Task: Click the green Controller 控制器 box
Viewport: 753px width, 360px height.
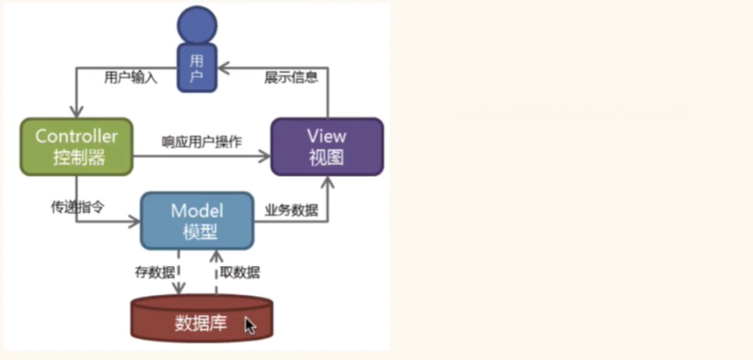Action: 76,147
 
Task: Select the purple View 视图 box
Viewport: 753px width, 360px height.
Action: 327,147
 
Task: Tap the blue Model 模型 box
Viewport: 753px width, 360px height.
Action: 197,222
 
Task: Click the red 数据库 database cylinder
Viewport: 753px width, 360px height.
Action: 202,321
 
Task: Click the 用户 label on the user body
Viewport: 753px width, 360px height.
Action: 197,69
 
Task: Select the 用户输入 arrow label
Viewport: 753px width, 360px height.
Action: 130,78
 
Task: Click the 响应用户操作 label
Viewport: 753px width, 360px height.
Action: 202,142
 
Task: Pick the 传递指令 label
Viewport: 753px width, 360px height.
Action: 77,208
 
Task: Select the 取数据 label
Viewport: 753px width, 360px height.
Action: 240,272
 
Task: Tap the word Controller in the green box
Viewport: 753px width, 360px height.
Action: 76,136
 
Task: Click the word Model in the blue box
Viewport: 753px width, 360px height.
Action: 197,211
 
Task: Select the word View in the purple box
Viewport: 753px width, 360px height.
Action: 327,136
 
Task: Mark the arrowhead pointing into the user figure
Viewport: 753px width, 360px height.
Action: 223,65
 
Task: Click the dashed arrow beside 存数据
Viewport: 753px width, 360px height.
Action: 179,274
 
